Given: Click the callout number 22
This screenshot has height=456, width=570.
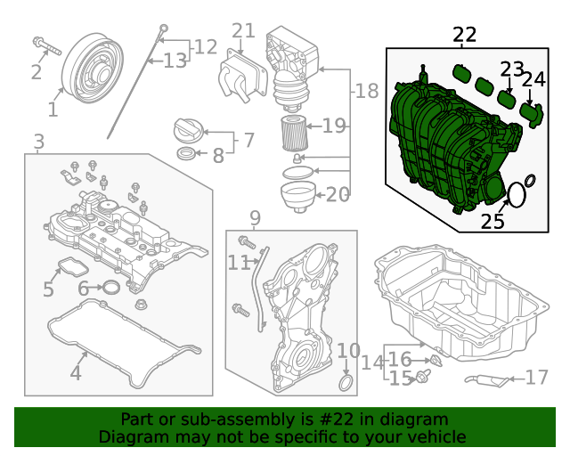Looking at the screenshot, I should pos(464,35).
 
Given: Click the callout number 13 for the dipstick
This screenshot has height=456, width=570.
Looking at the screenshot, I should pos(175,61).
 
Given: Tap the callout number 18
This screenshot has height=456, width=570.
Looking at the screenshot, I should pos(367,91).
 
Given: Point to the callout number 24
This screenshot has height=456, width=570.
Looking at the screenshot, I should pos(533,80).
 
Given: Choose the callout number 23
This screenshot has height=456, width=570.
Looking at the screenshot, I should pos(511,69).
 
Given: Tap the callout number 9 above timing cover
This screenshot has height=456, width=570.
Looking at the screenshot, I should pos(255,217).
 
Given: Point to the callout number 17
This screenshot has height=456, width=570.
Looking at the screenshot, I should pos(537,378).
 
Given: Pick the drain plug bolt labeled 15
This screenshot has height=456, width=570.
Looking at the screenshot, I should pos(422,378).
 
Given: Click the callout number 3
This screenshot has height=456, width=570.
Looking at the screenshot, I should pos(38,142).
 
